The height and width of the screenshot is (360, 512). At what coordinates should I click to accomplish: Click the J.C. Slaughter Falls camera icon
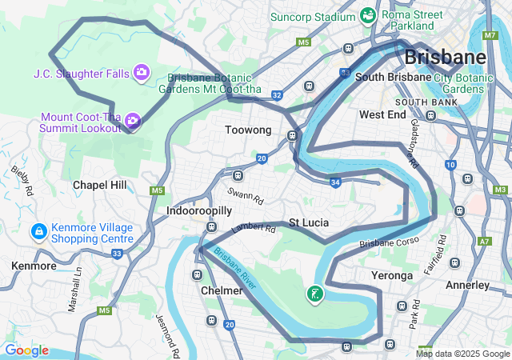(141, 73)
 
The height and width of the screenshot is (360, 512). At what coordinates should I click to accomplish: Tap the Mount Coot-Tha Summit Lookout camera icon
(133, 121)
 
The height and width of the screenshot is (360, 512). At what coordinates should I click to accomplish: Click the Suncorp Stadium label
(312, 16)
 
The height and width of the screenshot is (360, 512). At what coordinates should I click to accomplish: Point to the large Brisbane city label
(445, 57)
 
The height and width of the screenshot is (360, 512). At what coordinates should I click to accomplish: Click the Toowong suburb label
(248, 130)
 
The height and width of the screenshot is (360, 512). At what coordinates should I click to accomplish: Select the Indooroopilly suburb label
(199, 210)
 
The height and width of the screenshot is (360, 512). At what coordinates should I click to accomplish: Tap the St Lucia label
(309, 222)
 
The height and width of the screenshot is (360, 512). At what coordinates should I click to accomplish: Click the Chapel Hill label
(99, 185)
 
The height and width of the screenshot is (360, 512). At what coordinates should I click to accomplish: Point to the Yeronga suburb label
(392, 275)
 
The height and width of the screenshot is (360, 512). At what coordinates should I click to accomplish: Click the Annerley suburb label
(467, 285)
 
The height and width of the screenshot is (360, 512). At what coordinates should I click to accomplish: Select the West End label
(383, 114)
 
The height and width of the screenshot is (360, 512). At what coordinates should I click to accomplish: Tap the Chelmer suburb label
(222, 290)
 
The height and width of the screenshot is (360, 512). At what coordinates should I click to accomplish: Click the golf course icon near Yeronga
(315, 294)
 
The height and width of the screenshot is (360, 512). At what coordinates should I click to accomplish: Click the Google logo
(26, 350)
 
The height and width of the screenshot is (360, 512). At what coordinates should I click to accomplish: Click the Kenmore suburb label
(34, 265)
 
